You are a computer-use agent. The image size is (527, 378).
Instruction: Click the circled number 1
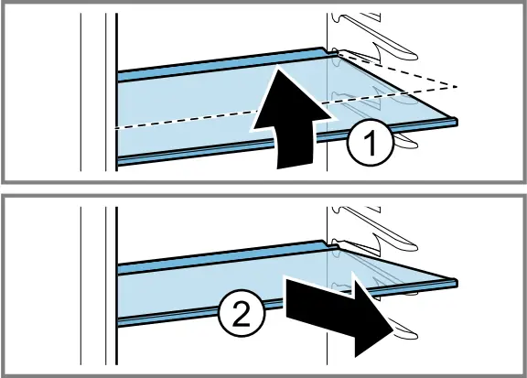pyautogui.click(x=370, y=143)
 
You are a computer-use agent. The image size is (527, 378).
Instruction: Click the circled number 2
pyautogui.click(x=242, y=313)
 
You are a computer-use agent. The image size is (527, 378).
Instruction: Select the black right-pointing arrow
pyautogui.click(x=339, y=313)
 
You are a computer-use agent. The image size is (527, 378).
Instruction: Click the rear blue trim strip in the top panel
pyautogui.click(x=221, y=64)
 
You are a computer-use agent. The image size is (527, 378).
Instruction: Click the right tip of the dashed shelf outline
pyautogui.click(x=457, y=87)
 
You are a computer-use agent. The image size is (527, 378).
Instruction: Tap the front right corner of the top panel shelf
pyautogui.click(x=457, y=122)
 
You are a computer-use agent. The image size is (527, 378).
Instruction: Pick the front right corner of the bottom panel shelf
pyautogui.click(x=457, y=283)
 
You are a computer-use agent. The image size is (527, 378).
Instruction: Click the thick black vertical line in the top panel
pyautogui.click(x=116, y=92)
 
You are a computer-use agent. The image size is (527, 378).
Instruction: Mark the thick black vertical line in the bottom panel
pyautogui.click(x=116, y=286)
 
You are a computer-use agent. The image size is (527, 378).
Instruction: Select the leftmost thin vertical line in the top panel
pyautogui.click(x=81, y=92)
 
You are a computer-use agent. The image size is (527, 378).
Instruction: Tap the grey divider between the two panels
pyautogui.click(x=263, y=189)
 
